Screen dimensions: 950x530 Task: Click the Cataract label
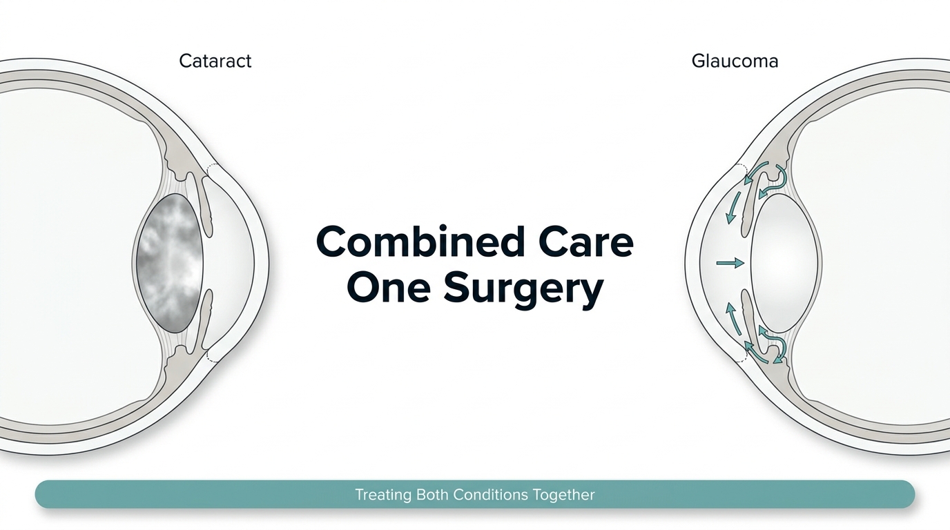pos(215,61)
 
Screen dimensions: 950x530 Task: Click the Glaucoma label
pos(735,61)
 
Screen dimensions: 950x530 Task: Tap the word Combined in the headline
pos(420,242)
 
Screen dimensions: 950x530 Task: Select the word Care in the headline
pos(587,242)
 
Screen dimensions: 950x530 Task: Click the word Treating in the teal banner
pos(383,495)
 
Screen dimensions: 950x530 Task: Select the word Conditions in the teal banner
pos(491,494)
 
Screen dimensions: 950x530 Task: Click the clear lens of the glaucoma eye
pos(784,263)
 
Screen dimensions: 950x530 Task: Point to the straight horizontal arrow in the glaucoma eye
pos(730,264)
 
